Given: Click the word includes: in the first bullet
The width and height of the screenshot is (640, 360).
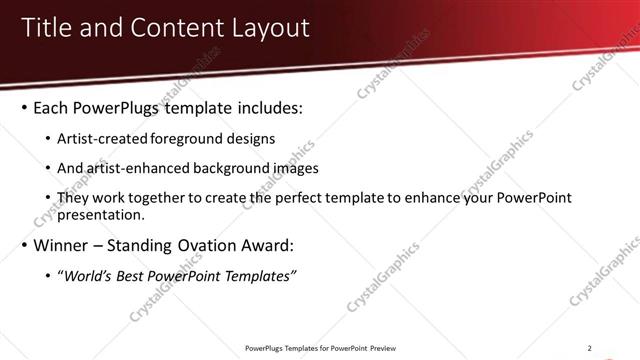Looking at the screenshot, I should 264,107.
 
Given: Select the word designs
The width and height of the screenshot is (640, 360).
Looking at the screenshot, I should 252,138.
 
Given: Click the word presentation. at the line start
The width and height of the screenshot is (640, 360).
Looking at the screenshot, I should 102,214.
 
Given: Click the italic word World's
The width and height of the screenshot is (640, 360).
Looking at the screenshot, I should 86,275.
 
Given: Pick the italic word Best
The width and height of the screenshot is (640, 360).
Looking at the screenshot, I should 129,275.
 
